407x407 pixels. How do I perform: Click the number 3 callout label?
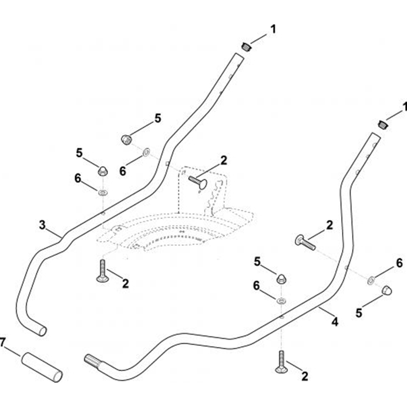tap(42, 225)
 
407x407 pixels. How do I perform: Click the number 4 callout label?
tap(335, 322)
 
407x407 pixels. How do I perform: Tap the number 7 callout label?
tap(2, 342)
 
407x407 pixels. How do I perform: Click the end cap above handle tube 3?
tap(245, 47)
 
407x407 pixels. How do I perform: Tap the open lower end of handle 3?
tap(42, 330)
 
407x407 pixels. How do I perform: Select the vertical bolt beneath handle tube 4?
tap(281, 362)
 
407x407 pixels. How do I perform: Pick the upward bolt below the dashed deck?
tap(102, 272)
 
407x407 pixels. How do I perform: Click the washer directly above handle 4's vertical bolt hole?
tap(281, 301)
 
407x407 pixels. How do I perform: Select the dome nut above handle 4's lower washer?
tap(281, 279)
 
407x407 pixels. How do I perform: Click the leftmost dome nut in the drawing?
tap(102, 171)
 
